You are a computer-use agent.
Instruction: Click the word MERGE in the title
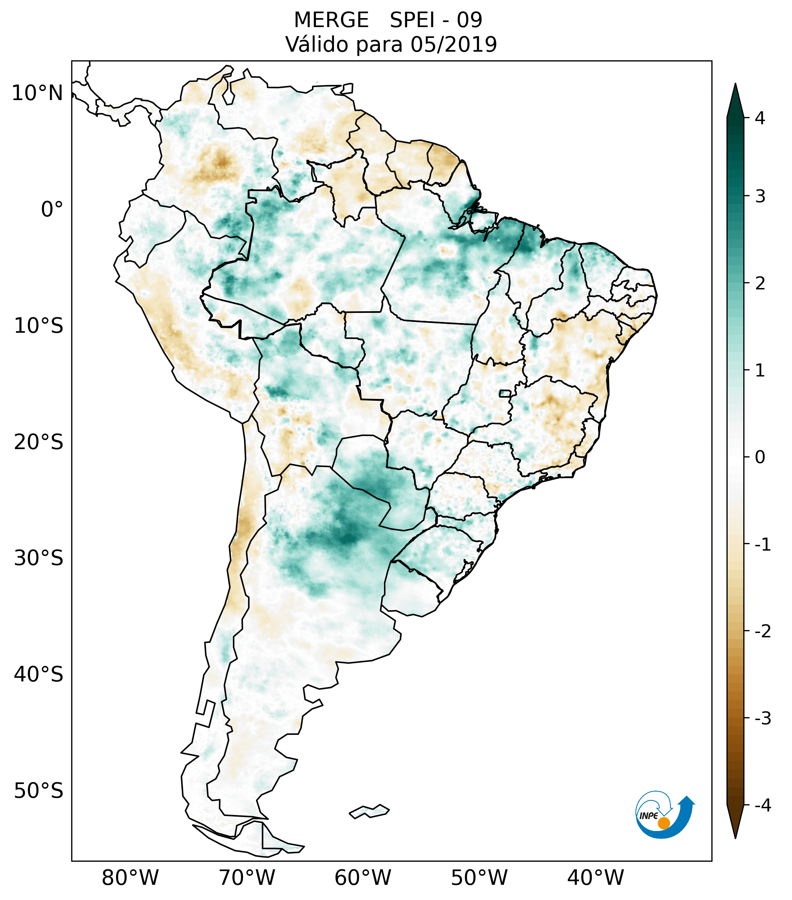(331, 20)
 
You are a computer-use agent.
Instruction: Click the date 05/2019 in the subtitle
(453, 44)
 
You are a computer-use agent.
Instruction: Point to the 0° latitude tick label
(52, 210)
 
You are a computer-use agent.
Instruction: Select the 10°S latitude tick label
(39, 326)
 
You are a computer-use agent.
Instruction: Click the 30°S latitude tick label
(39, 558)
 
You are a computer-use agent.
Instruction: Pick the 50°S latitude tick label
(39, 791)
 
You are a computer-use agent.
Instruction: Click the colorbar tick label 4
(760, 118)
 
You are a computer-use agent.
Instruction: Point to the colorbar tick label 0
(760, 457)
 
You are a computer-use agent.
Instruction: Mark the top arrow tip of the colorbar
(735, 84)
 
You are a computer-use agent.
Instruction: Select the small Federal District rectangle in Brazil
(505, 393)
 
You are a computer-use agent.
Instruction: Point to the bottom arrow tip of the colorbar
(735, 837)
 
